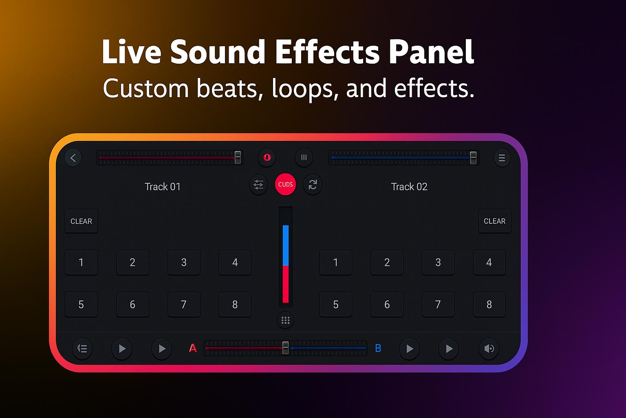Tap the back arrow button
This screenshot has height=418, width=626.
[73, 158]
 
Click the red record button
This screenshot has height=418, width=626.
[267, 157]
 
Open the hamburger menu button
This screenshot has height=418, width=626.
[502, 158]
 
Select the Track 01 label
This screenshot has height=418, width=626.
[163, 187]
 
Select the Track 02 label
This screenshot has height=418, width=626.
[409, 187]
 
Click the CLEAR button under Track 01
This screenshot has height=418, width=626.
[82, 221]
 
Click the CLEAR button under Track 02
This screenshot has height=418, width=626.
[495, 221]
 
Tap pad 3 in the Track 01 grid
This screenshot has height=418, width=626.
[184, 262]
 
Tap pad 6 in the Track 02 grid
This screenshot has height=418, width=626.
[387, 305]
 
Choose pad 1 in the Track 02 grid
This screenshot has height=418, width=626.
[336, 262]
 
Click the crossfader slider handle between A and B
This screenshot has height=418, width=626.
[285, 348]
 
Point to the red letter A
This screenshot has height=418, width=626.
[193, 348]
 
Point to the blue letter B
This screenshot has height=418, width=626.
[378, 348]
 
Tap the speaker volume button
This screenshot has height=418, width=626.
[489, 349]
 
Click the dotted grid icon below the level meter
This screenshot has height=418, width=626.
[285, 320]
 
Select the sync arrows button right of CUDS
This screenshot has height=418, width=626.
[313, 185]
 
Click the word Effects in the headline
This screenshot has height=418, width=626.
[328, 52]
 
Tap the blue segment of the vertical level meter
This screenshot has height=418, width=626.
[286, 246]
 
